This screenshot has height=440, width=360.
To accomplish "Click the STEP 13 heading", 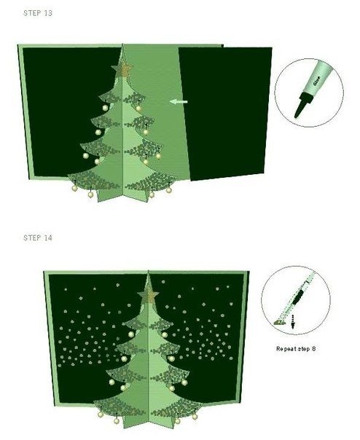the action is (38, 13).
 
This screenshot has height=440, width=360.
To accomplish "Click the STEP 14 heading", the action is (38, 237).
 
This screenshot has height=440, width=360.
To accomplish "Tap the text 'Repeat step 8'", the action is (296, 349).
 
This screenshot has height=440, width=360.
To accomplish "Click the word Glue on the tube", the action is (317, 81).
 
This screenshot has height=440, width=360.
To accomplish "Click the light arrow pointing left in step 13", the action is (179, 101).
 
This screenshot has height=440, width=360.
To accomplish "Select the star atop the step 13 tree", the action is (122, 70).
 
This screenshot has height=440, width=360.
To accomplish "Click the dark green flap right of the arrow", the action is (226, 113).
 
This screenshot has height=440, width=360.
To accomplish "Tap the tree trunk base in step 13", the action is (122, 195).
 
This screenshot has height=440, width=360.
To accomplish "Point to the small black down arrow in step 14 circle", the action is (294, 321).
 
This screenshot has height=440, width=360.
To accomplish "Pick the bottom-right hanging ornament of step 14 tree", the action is (195, 417).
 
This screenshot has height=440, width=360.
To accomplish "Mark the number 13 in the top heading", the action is (48, 13).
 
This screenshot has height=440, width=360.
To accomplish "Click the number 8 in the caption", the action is (313, 349).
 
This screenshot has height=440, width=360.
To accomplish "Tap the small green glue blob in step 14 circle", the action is (279, 322).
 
